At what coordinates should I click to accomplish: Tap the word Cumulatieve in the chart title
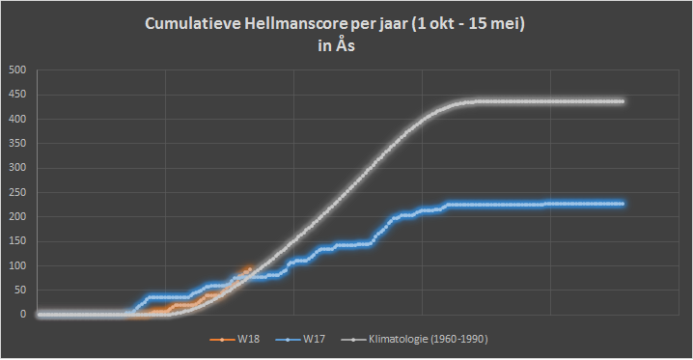pos(193,24)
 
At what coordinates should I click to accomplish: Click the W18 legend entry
pos(235,339)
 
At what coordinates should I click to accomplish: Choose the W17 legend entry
pos(300,339)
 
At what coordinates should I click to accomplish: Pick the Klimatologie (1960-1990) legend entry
pos(415,339)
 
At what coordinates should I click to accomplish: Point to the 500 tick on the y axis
pos(17,70)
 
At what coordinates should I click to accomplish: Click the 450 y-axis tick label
pos(17,95)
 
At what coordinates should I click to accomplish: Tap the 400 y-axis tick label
pos(17,120)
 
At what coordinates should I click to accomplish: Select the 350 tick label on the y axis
pos(17,144)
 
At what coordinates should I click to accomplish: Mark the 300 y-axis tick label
pos(17,168)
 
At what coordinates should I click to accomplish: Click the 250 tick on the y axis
pos(17,193)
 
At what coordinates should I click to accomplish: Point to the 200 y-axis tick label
pos(17,217)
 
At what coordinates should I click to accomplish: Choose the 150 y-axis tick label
pos(17,241)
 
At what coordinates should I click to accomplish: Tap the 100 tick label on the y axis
pos(17,266)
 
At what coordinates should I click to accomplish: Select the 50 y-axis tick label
pos(20,291)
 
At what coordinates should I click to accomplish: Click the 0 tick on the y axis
pos(23,315)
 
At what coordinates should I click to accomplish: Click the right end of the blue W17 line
pos(623,204)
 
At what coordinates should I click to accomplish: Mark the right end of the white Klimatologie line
pos(623,101)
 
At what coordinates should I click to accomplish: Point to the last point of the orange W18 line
pos(250,269)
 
